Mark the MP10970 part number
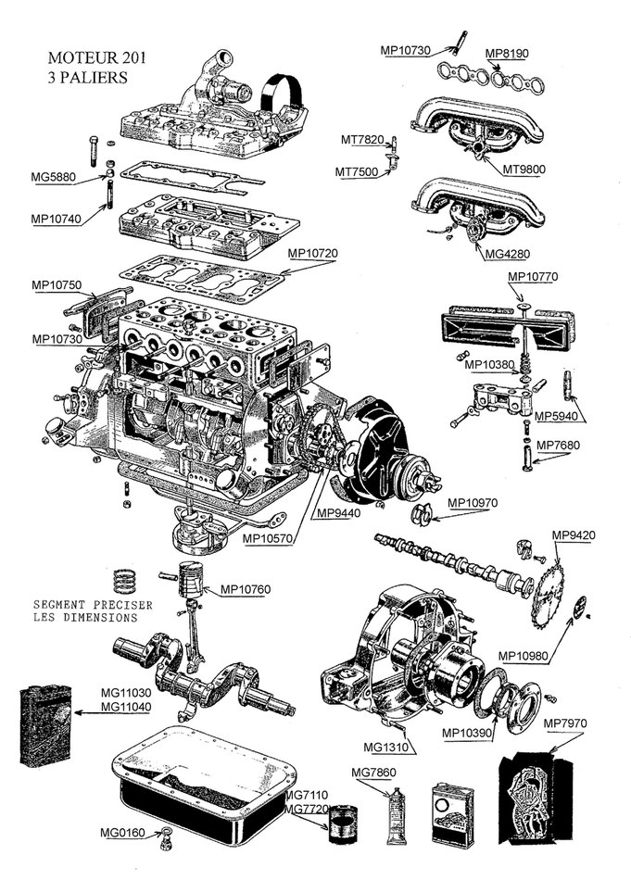(x=473, y=503)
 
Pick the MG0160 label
(x=121, y=832)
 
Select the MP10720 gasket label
(x=315, y=252)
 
